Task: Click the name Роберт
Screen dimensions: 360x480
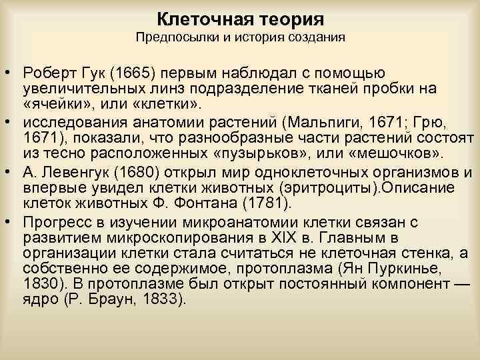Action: [x=47, y=73]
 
